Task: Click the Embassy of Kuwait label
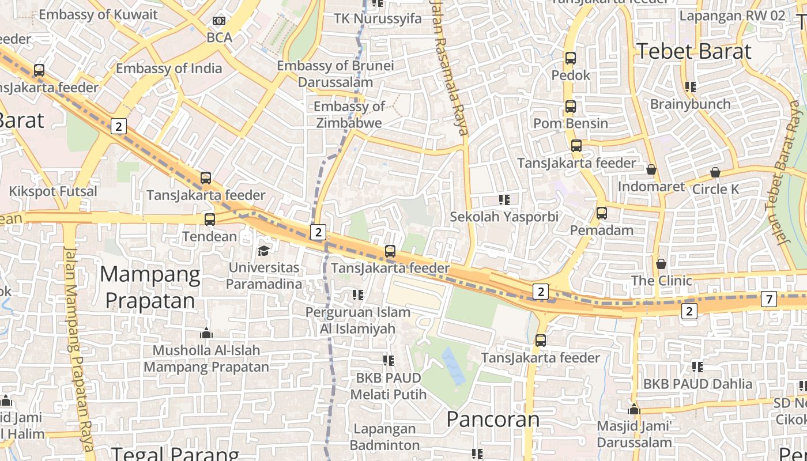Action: click(98, 14)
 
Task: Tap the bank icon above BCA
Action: click(219, 21)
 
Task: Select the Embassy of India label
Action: click(169, 69)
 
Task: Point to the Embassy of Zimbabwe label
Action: click(349, 115)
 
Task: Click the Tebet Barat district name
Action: click(694, 51)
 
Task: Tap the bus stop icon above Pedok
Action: click(571, 58)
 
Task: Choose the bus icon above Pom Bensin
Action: click(571, 107)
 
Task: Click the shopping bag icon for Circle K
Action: click(715, 172)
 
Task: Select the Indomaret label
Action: click(651, 187)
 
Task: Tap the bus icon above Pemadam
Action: click(602, 213)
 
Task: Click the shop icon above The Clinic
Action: click(661, 264)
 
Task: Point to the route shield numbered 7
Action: click(769, 299)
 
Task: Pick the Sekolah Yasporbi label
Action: click(504, 217)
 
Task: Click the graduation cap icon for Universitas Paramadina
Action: click(263, 251)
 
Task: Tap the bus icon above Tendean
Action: click(210, 220)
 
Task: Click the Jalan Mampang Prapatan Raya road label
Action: click(78, 346)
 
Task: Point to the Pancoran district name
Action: click(493, 419)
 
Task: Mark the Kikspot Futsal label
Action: click(53, 191)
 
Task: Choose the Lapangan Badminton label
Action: click(384, 437)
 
